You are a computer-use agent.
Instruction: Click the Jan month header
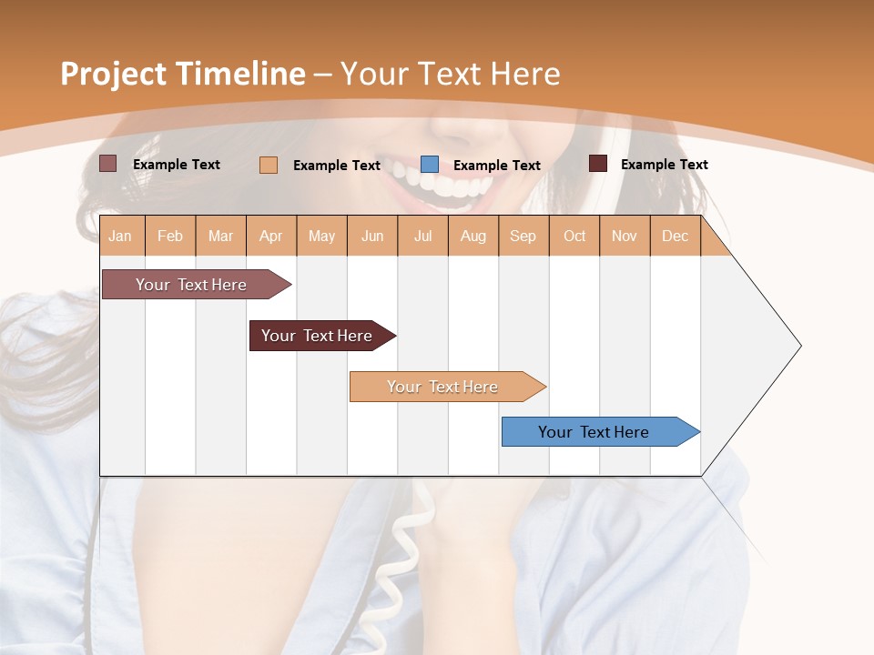pos(120,237)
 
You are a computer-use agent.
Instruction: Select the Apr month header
pos(270,237)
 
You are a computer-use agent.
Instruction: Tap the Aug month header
pos(473,237)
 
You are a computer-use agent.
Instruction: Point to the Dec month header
pos(675,237)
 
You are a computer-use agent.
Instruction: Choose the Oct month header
pos(574,237)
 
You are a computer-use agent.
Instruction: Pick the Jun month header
pos(372,237)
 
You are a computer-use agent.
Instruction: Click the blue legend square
pos(430,165)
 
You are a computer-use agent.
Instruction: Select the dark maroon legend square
pos(598,164)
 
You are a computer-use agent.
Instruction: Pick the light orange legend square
pos(269,165)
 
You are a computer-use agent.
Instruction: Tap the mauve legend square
pos(108,164)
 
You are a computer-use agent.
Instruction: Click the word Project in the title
pos(111,74)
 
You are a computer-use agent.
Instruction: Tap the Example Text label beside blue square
pos(496,166)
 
